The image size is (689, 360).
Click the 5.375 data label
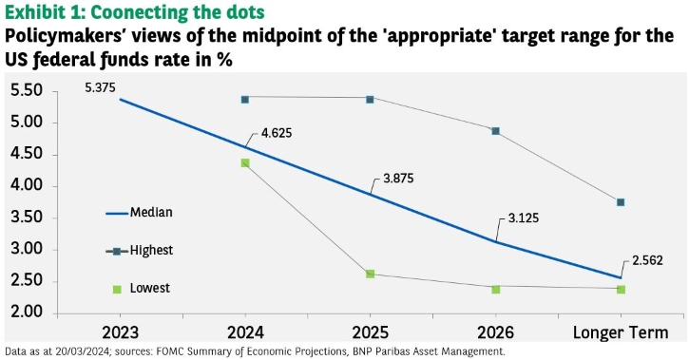point(100,87)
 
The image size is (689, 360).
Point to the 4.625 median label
point(277,133)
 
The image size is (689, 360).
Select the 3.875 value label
point(398,179)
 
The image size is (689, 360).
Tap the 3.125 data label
point(524,218)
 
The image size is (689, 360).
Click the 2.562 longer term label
point(647,260)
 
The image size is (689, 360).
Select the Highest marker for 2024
point(245,99)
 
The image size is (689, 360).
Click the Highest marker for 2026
point(496,131)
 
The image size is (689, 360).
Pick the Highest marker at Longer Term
point(621,202)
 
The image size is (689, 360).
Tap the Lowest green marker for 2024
point(245,162)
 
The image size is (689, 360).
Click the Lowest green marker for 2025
point(370,274)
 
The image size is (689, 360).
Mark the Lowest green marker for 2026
point(496,290)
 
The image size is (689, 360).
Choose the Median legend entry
point(140,213)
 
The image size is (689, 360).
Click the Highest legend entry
point(140,250)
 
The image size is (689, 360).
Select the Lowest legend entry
point(141,288)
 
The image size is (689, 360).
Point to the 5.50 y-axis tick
point(28,90)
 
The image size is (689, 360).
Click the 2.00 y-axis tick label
point(28,313)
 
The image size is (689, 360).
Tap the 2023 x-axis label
point(120,332)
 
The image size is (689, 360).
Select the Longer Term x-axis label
point(621,332)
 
